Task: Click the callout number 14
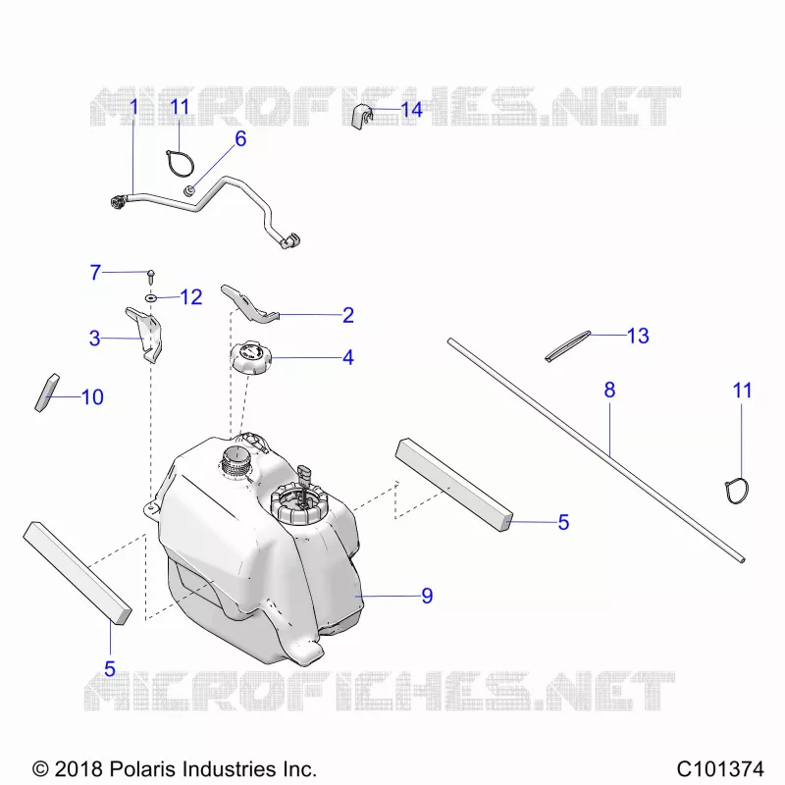tap(411, 110)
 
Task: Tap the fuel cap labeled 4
tap(250, 357)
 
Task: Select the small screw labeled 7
tap(151, 276)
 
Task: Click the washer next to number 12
tap(151, 298)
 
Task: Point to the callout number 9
tap(427, 596)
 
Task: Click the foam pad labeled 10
tap(47, 393)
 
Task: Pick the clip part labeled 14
tap(363, 117)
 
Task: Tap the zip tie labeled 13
tap(568, 345)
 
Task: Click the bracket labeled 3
tap(145, 334)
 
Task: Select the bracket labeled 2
tap(248, 304)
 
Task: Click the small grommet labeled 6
tap(189, 190)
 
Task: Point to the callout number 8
tap(609, 390)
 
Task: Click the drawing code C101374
tap(720, 768)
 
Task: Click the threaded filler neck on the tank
tap(234, 461)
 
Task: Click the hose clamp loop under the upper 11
tap(181, 163)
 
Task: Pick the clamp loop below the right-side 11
tap(737, 492)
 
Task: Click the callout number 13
tap(638, 336)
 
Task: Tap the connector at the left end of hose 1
tap(118, 202)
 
